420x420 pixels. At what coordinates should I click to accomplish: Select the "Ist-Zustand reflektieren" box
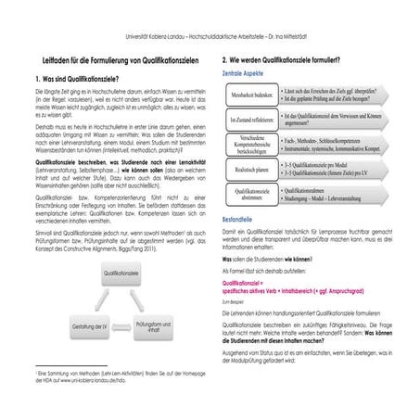click(252, 121)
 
